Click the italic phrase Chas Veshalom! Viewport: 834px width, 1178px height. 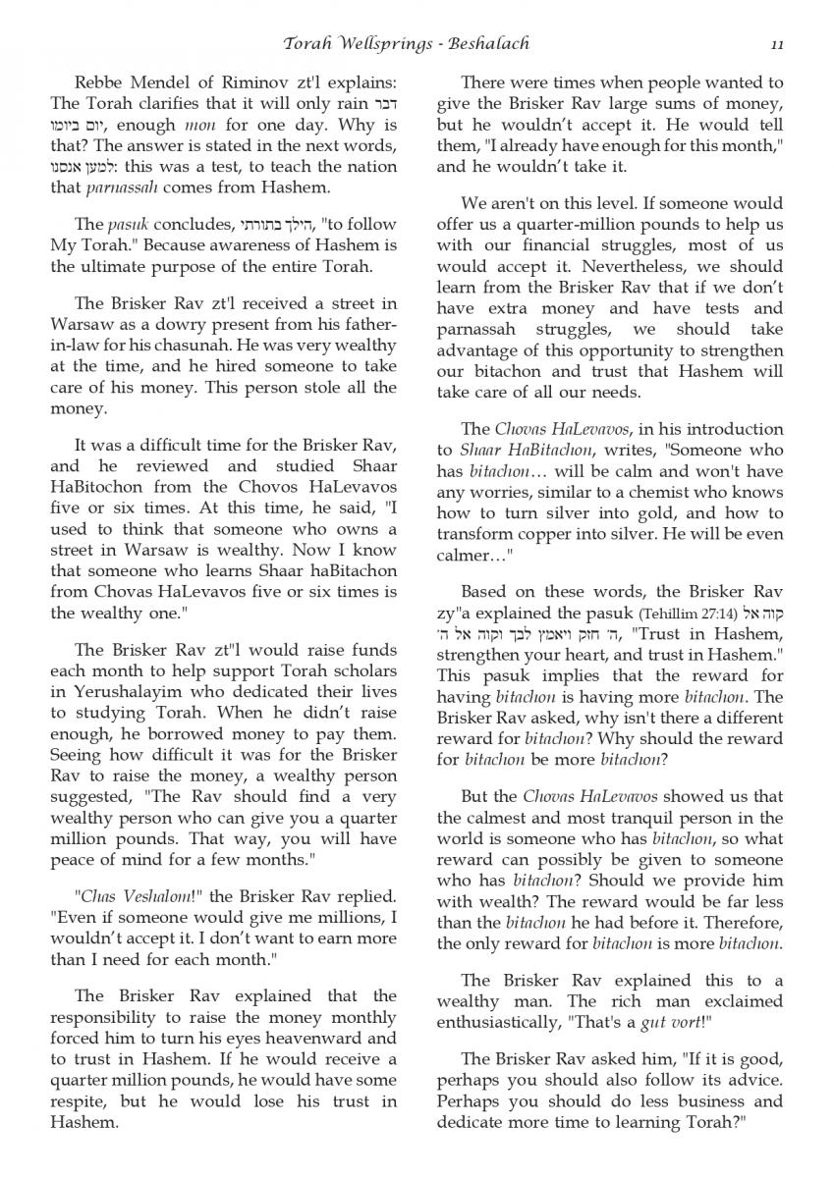click(x=127, y=895)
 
